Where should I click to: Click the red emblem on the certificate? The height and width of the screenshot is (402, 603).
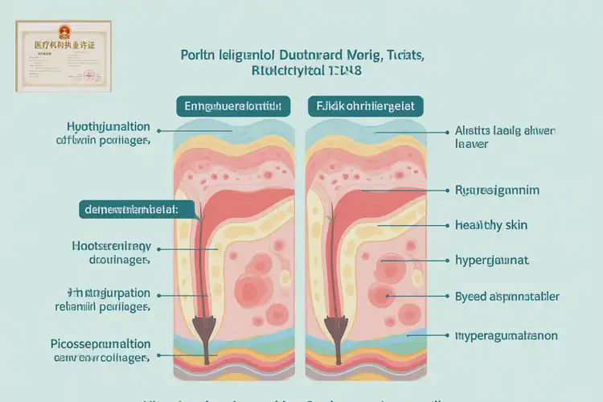coord(64,33)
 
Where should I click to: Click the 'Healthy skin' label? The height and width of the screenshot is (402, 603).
coord(490,225)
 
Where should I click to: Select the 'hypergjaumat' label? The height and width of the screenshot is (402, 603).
coord(491,260)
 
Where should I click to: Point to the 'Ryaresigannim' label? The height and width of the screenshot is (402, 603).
coord(496,191)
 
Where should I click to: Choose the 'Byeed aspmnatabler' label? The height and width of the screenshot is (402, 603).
coord(507,297)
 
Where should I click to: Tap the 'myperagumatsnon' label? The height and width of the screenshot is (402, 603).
coord(506,334)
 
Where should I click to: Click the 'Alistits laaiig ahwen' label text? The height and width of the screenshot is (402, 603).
coord(505,130)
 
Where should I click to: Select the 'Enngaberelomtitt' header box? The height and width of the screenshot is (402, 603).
coord(232,105)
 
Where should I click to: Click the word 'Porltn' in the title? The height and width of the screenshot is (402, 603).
coord(199,55)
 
